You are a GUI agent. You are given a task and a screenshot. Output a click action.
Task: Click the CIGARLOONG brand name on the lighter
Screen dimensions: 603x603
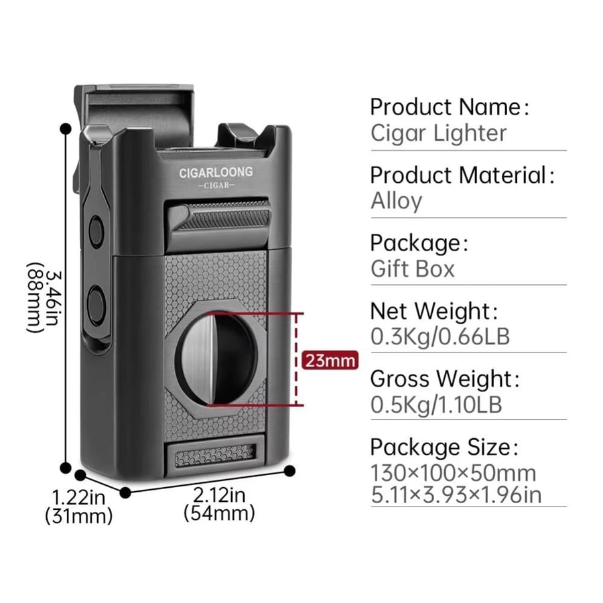(x=216, y=172)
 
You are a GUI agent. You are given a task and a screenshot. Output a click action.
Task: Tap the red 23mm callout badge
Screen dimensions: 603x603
(x=330, y=360)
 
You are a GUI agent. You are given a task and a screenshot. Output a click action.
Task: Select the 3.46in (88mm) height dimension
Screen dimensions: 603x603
(x=44, y=297)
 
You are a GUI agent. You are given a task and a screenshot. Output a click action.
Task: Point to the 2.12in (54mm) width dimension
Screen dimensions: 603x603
(x=219, y=504)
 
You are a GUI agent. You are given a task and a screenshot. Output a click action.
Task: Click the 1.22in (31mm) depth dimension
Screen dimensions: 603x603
(x=78, y=507)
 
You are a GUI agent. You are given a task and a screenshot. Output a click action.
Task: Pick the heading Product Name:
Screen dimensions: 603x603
(x=450, y=107)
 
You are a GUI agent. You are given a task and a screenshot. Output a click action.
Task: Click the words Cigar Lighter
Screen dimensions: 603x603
(x=438, y=133)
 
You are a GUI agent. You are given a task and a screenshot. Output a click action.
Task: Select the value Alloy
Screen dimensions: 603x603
(x=396, y=201)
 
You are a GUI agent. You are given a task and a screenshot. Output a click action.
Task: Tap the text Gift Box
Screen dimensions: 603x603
(x=412, y=269)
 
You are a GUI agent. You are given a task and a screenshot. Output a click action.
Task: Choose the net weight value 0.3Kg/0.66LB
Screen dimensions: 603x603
(x=440, y=336)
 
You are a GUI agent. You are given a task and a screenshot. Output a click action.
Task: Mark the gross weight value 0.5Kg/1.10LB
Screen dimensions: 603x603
(x=436, y=404)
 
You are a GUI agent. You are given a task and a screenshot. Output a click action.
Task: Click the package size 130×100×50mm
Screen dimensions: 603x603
(x=453, y=474)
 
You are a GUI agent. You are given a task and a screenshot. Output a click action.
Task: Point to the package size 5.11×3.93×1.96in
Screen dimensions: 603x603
(x=456, y=495)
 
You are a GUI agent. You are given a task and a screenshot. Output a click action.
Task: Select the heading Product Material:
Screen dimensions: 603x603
(x=462, y=175)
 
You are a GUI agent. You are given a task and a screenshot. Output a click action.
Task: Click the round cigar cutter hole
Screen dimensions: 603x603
(x=217, y=359)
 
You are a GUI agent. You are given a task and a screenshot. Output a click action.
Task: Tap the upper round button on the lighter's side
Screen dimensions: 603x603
(x=96, y=231)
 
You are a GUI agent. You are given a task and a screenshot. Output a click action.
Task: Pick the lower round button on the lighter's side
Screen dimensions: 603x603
(x=95, y=305)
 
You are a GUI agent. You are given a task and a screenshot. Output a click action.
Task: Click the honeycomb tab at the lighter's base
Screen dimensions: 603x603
(x=215, y=455)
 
